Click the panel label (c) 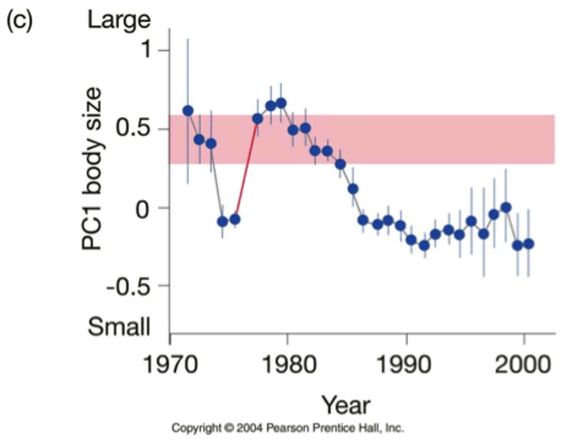tap(19, 20)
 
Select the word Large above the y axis tap(119, 20)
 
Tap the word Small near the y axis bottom tap(119, 326)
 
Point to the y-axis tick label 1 tap(146, 50)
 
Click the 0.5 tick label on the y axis tap(133, 129)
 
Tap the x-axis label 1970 tap(170, 364)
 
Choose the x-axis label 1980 tap(289, 364)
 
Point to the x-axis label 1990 tap(404, 364)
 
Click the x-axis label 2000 tap(523, 364)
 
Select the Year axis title tap(346, 405)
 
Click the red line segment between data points tap(246, 169)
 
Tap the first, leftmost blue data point tap(188, 111)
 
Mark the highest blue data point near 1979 tap(281, 103)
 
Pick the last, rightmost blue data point tap(529, 244)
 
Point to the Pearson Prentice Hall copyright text tap(287, 428)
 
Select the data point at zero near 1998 tap(506, 207)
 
